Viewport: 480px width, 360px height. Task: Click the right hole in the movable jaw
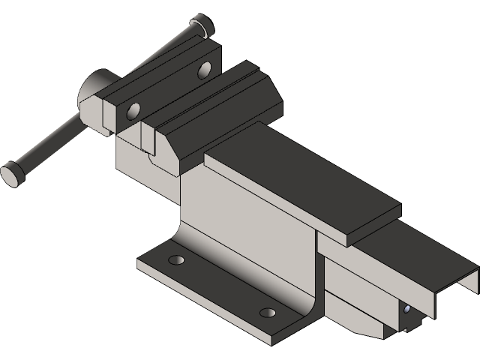point(205,71)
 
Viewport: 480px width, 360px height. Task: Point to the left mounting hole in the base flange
point(177,259)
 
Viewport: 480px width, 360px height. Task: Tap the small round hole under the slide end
point(406,308)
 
